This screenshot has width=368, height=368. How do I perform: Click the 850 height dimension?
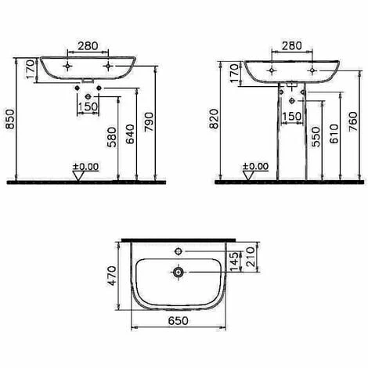(10, 119)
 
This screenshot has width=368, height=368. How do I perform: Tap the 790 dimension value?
(150, 121)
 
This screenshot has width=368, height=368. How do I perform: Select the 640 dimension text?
(131, 134)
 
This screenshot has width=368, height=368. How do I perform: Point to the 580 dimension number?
(112, 137)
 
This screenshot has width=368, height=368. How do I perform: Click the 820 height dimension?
(214, 119)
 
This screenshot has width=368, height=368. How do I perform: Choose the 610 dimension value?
(334, 134)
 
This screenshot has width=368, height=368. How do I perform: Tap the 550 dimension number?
(316, 137)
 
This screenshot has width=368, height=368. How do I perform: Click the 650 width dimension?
(178, 321)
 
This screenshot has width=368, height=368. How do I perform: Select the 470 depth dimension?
(112, 276)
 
